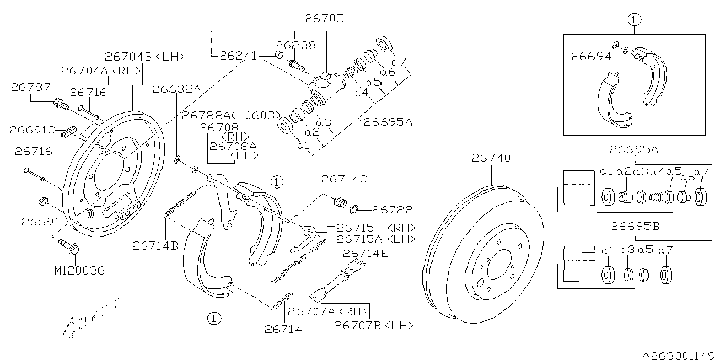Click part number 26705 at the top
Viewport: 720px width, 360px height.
[324, 18]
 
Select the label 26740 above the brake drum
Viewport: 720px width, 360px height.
[491, 158]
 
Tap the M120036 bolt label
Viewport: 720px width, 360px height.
[79, 271]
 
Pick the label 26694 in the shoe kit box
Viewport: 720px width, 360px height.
[591, 57]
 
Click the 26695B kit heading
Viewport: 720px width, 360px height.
[635, 226]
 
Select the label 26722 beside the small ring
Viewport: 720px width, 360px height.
[392, 210]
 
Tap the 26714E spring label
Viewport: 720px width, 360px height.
[366, 254]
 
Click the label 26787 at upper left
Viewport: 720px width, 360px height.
[31, 87]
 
